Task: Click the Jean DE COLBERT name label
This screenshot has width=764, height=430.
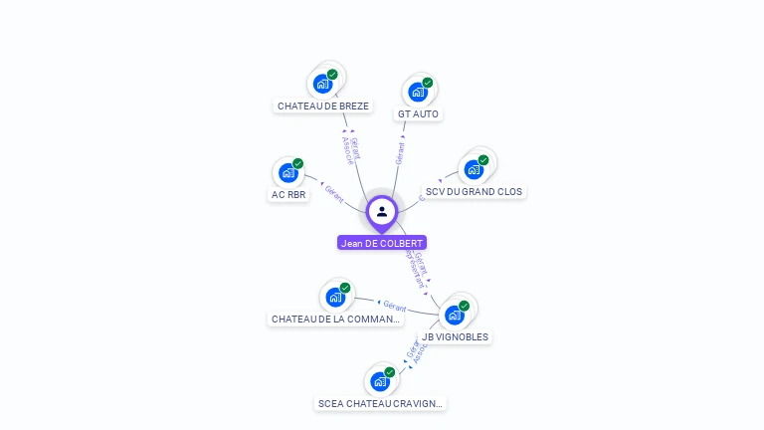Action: click(382, 243)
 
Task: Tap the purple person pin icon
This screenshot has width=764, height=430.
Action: click(382, 211)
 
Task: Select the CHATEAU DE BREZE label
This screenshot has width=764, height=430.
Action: click(323, 106)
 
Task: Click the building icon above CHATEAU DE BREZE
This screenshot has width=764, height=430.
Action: click(322, 84)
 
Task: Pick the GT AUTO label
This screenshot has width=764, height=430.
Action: click(418, 113)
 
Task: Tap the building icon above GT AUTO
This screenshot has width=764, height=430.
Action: click(418, 92)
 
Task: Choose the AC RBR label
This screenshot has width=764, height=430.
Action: click(288, 194)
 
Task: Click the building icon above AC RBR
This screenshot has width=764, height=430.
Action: click(287, 173)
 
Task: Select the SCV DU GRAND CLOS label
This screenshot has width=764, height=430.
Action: click(474, 191)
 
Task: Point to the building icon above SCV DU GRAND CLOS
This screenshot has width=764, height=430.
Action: click(474, 169)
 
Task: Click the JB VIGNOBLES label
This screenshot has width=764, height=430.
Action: click(455, 336)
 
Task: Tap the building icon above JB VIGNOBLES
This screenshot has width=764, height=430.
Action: click(455, 315)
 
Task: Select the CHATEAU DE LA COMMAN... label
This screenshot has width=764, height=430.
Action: click(336, 320)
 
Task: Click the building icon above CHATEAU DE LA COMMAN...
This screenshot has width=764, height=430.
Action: click(335, 297)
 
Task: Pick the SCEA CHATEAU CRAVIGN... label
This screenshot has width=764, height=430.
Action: click(380, 403)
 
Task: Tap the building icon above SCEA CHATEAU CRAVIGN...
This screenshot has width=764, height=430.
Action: click(379, 381)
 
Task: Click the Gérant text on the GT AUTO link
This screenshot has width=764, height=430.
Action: click(400, 153)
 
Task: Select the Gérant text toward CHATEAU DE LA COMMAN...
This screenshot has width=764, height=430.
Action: click(395, 307)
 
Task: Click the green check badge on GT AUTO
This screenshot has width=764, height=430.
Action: click(428, 83)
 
